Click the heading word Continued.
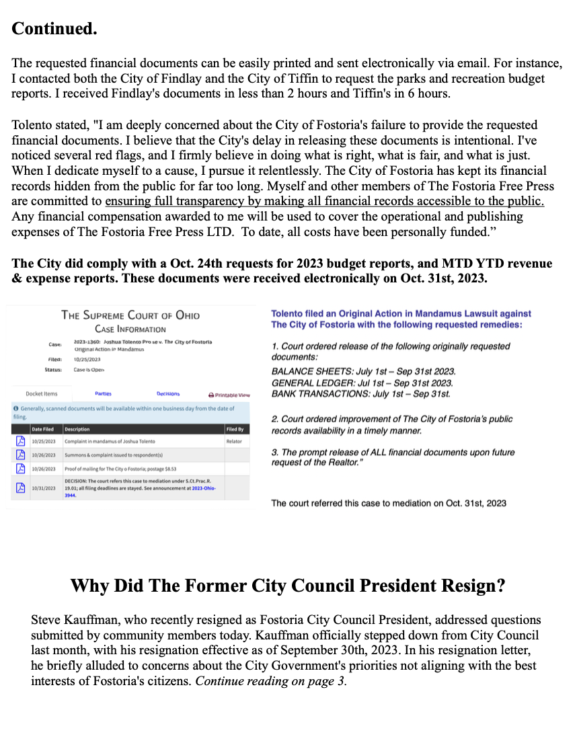(54, 29)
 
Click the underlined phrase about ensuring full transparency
(324, 201)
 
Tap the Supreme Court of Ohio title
(130, 315)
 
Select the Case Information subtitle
(130, 329)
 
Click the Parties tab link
(103, 393)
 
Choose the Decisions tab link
(168, 393)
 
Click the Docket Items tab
(42, 393)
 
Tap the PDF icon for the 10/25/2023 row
(20, 441)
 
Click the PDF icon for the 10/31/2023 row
(20, 487)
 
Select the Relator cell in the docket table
(235, 441)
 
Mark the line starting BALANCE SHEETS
(363, 371)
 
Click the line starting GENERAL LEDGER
(360, 383)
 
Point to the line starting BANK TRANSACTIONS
(361, 393)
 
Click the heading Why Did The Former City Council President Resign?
(288, 586)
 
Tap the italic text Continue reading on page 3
(270, 681)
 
